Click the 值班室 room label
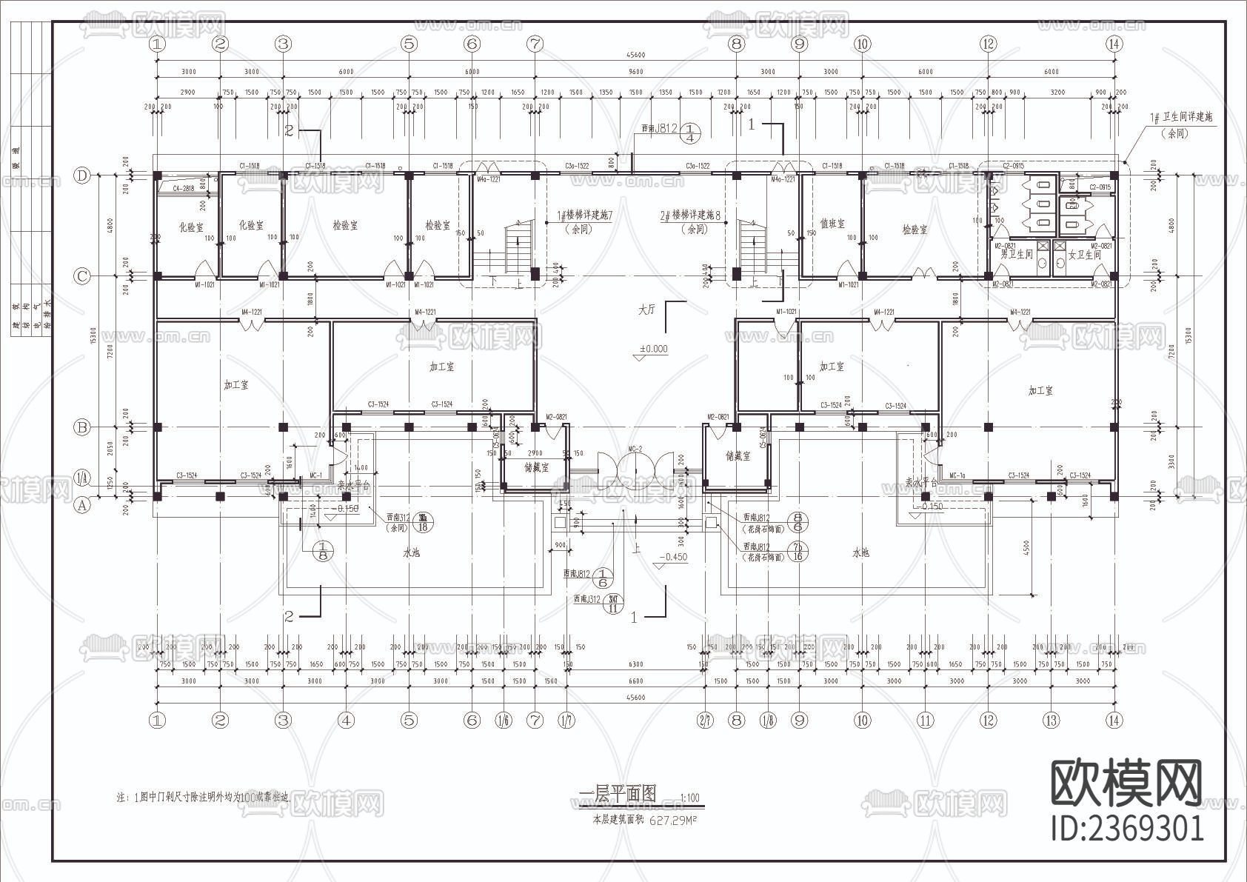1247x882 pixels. [x=832, y=223]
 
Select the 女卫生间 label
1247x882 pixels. [x=1084, y=254]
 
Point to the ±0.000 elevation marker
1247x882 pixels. [x=653, y=349]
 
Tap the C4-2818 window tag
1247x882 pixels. [x=183, y=189]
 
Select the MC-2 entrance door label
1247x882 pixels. [x=635, y=449]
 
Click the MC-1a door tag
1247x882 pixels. [x=957, y=475]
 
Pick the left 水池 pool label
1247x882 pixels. [x=411, y=552]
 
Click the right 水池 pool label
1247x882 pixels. [x=860, y=552]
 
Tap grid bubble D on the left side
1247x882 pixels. [x=82, y=176]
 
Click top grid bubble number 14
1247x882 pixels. [x=1114, y=44]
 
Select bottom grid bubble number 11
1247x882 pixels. [x=925, y=719]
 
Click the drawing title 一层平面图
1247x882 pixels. [x=618, y=794]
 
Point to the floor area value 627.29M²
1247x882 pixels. [x=674, y=821]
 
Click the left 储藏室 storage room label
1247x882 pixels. [x=537, y=467]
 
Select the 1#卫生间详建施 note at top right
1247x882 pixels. [x=1180, y=118]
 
